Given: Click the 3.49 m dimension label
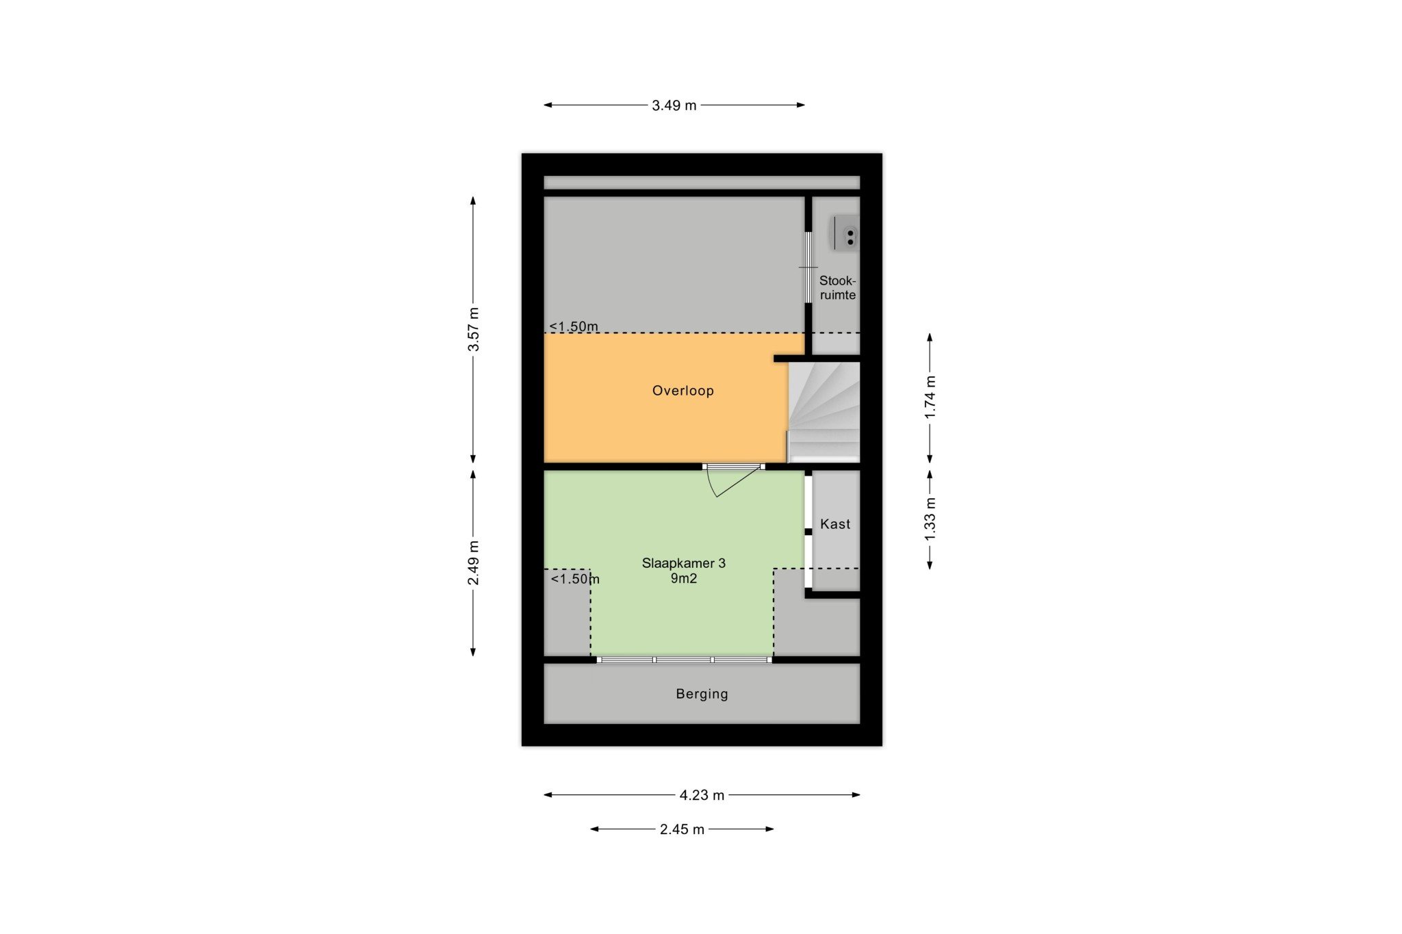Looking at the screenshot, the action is [674, 105].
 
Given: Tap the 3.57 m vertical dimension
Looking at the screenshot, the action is [473, 330].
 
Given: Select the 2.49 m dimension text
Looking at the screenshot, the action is [473, 563].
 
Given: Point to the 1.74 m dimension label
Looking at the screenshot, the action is [930, 398].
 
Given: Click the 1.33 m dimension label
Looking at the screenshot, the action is [930, 519].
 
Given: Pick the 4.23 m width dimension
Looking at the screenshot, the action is [702, 795].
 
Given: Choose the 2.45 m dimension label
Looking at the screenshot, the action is [682, 829].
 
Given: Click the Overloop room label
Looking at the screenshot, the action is [683, 391].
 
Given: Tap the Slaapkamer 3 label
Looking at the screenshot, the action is [683, 563].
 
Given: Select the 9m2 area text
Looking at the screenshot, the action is [683, 579].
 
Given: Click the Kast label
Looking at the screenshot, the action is [835, 524].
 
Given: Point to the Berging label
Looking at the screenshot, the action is [702, 694].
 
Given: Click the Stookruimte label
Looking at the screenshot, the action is [838, 288].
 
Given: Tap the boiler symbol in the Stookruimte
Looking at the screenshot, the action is [846, 234].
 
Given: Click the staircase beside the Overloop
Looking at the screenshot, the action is [824, 412].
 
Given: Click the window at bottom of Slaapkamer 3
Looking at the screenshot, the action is [684, 660].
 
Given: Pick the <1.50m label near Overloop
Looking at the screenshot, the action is [574, 326].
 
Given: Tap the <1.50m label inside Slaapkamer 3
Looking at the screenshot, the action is [575, 579].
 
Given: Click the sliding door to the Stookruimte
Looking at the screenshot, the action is [808, 267].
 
